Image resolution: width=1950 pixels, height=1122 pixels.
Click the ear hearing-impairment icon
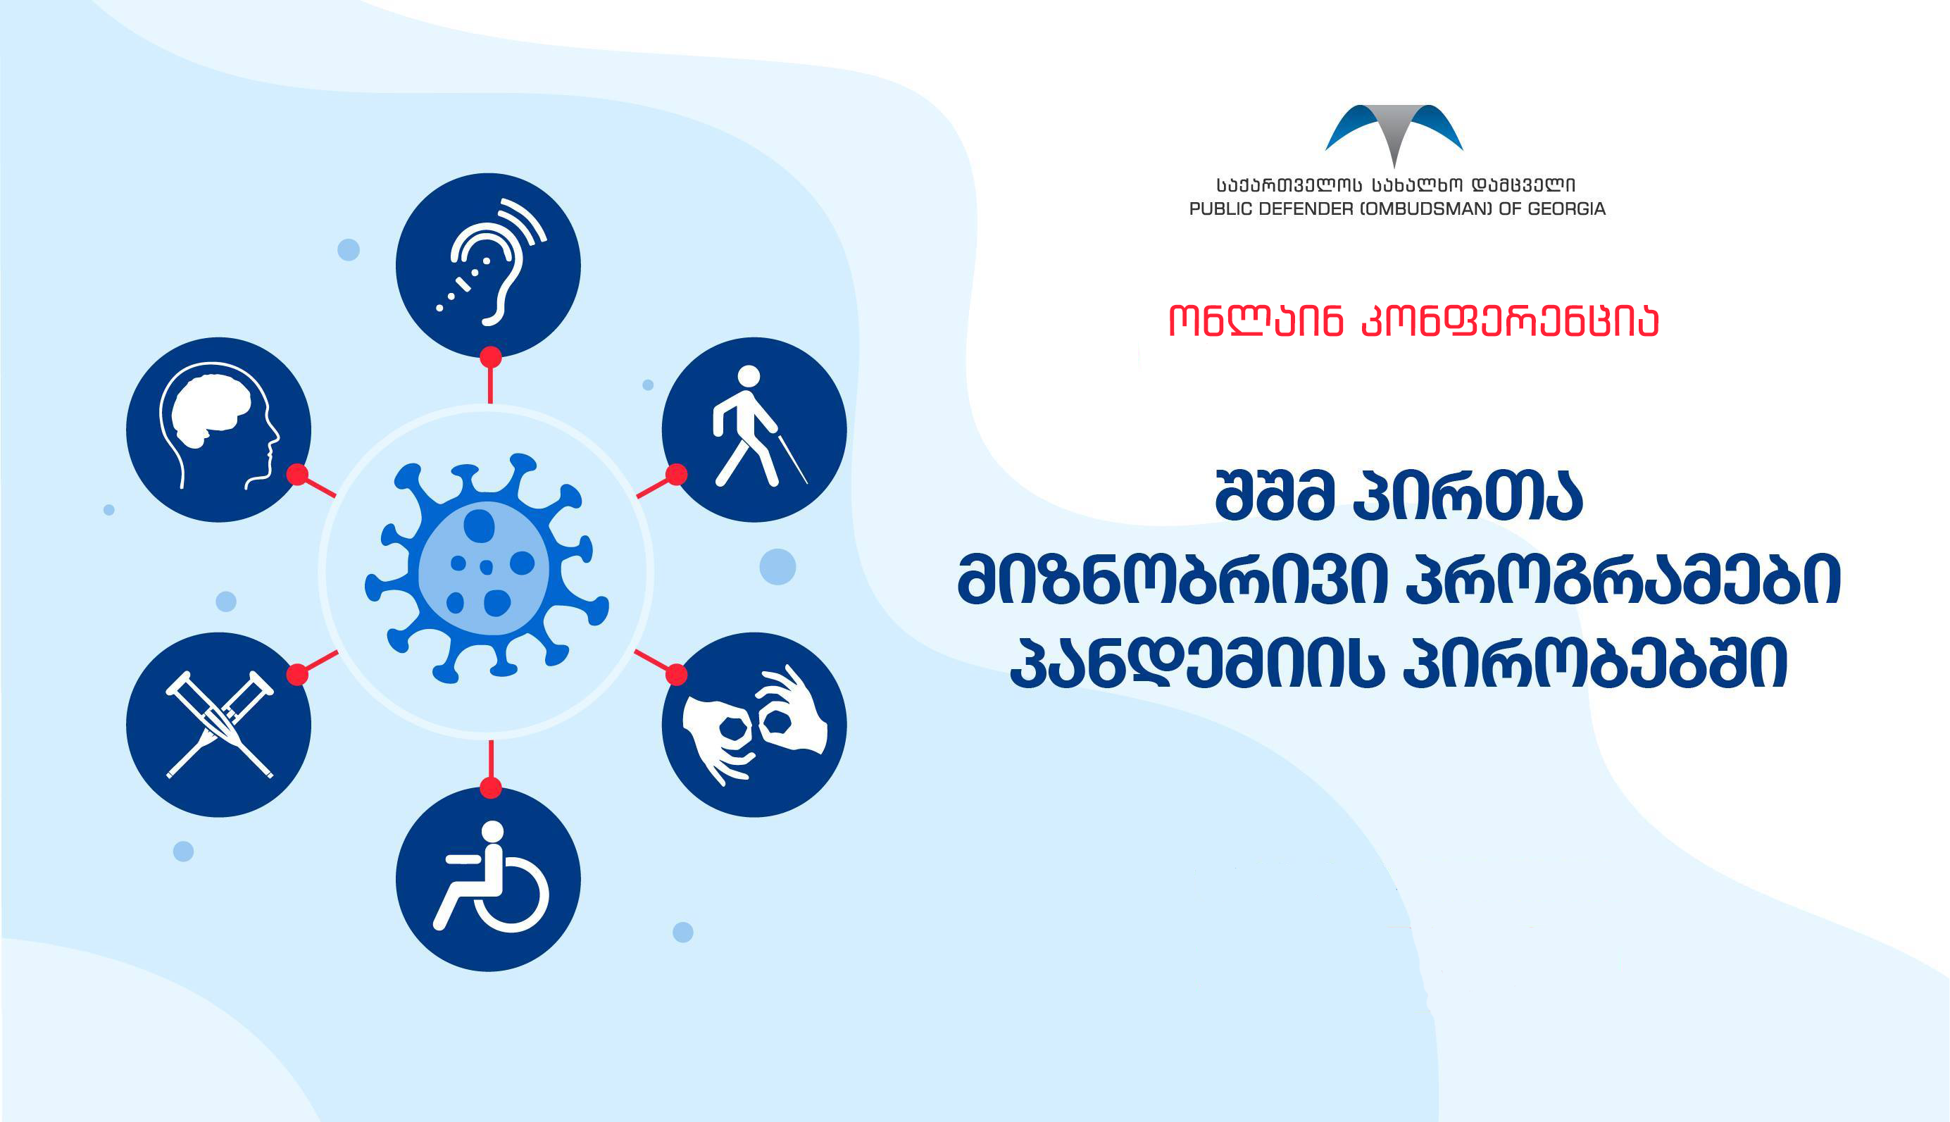click(x=489, y=265)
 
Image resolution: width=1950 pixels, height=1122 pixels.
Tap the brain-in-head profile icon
click(x=219, y=429)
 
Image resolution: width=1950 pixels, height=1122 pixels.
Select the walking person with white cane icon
click(x=754, y=429)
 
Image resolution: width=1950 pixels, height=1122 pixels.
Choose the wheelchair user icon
click(x=489, y=879)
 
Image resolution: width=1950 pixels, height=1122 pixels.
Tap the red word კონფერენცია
click(x=1510, y=321)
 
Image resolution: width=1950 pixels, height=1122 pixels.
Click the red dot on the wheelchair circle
click(x=491, y=787)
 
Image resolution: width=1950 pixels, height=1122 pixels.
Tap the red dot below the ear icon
click(x=491, y=358)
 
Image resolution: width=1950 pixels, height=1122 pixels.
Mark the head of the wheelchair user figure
click(x=492, y=833)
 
